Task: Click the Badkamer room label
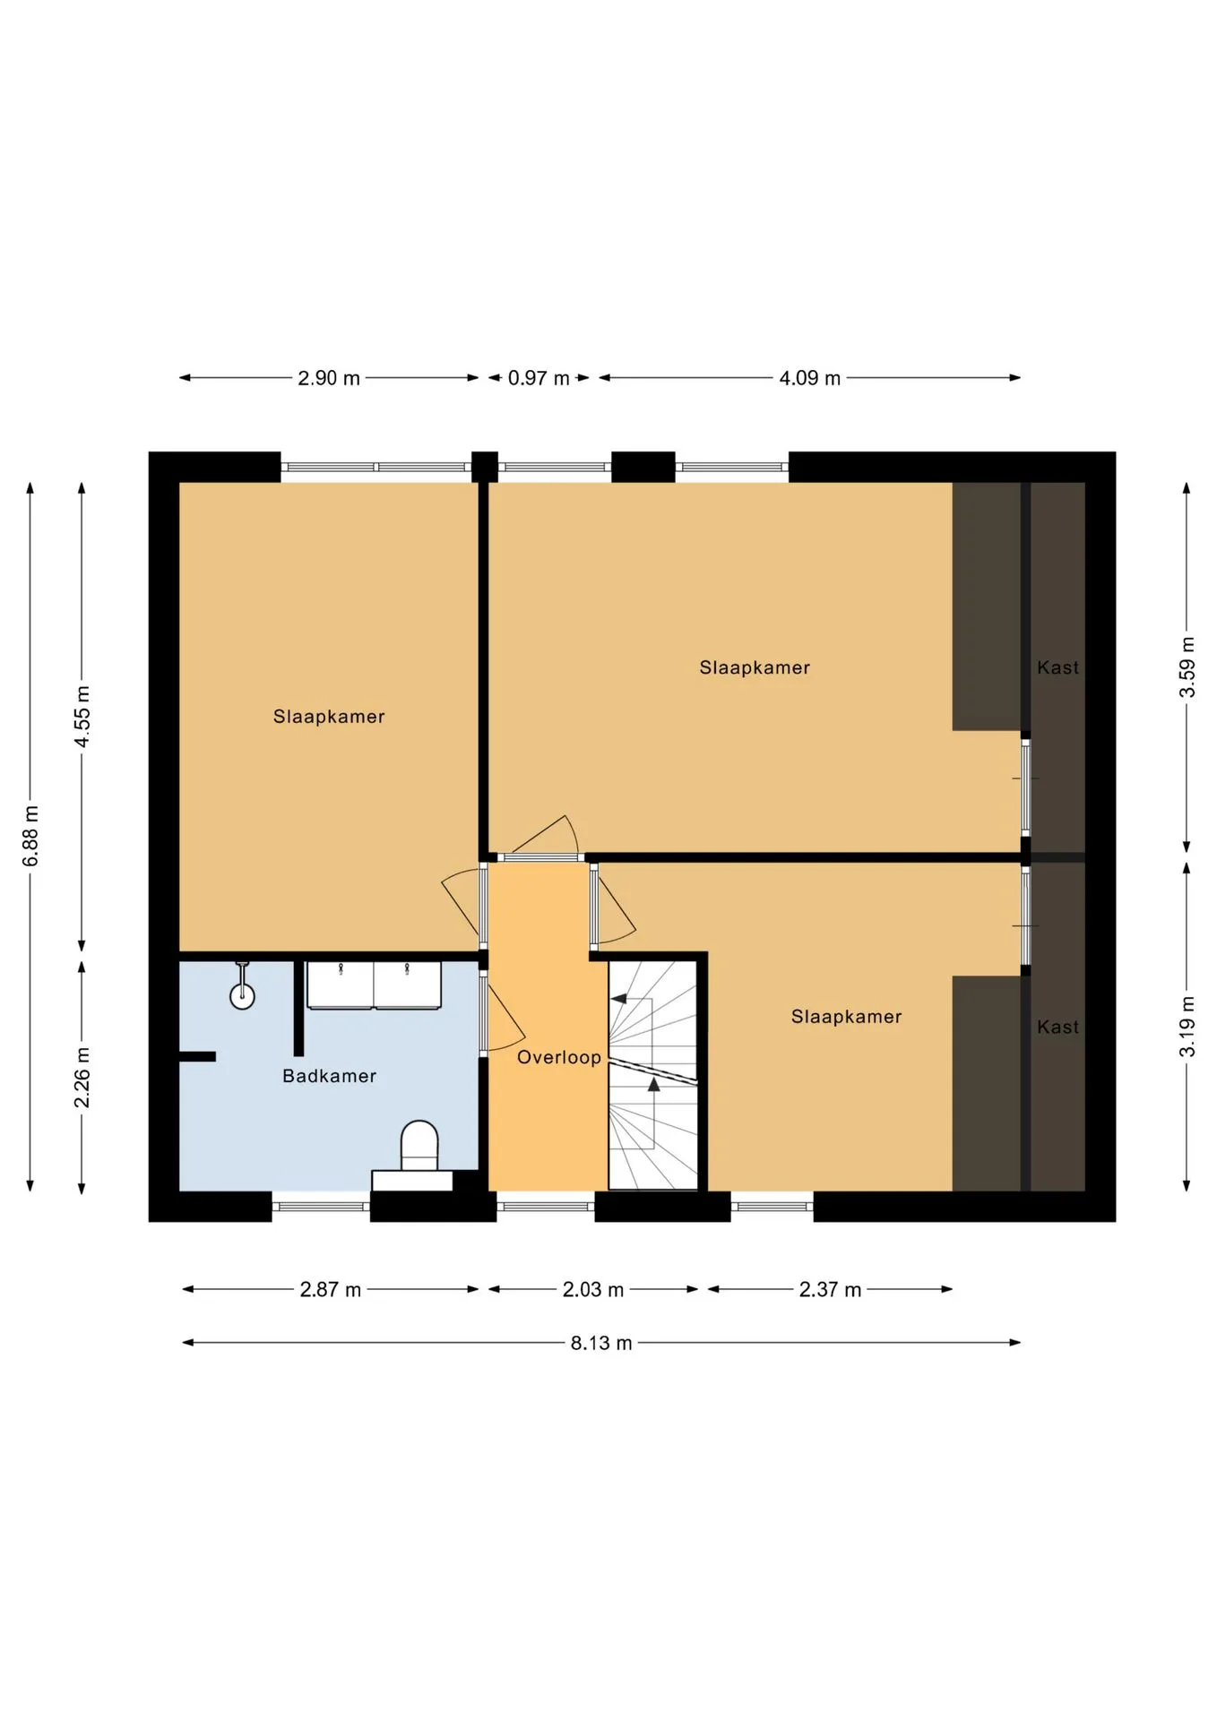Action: (329, 1076)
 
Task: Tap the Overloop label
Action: (559, 1057)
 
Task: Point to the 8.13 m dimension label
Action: (601, 1343)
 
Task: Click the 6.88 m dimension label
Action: (30, 836)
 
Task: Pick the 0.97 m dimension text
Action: (539, 378)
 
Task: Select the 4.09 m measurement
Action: (809, 378)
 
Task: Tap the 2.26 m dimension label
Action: (82, 1077)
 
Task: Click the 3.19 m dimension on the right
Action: (1187, 1027)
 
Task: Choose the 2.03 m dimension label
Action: (592, 1290)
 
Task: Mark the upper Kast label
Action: (1057, 667)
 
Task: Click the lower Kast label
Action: (1057, 1027)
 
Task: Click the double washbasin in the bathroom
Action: (374, 985)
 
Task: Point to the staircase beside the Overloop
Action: (652, 1075)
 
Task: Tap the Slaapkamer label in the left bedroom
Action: (329, 717)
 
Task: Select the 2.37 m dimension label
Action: (830, 1290)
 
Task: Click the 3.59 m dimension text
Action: (1187, 667)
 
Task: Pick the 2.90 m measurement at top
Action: (329, 378)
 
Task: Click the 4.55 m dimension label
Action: (82, 717)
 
